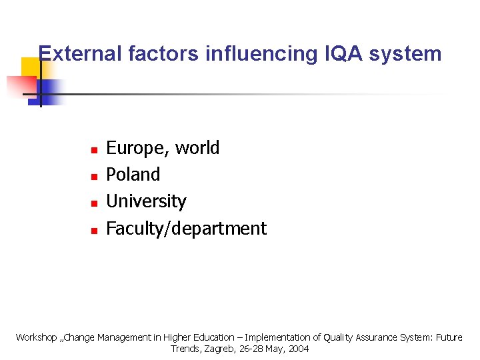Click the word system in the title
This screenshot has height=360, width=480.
tap(407, 53)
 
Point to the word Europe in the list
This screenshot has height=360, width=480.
tap(136, 148)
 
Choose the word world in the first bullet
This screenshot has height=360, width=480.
tap(197, 148)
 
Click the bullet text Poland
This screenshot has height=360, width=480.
tap(133, 175)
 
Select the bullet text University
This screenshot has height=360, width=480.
tap(146, 201)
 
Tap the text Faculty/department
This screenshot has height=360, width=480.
tap(186, 229)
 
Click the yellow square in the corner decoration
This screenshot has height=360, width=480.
tap(30, 67)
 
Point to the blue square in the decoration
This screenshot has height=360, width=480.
tap(51, 89)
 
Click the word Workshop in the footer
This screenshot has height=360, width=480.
tap(37, 337)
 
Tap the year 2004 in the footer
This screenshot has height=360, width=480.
tap(298, 349)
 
